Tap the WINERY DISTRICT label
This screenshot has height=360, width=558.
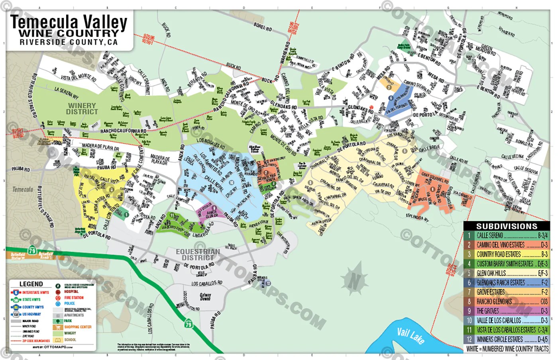point(82,109)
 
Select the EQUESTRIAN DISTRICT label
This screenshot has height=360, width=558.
point(198,254)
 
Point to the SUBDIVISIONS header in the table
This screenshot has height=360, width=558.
point(507,226)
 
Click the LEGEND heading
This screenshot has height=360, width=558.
point(31,284)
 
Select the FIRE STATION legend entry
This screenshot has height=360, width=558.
point(74,297)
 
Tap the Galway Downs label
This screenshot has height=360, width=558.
point(205,297)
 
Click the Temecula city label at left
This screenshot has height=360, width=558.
point(23,189)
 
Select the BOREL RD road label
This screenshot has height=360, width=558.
point(263,27)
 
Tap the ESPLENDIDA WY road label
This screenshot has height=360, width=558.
point(417,217)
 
